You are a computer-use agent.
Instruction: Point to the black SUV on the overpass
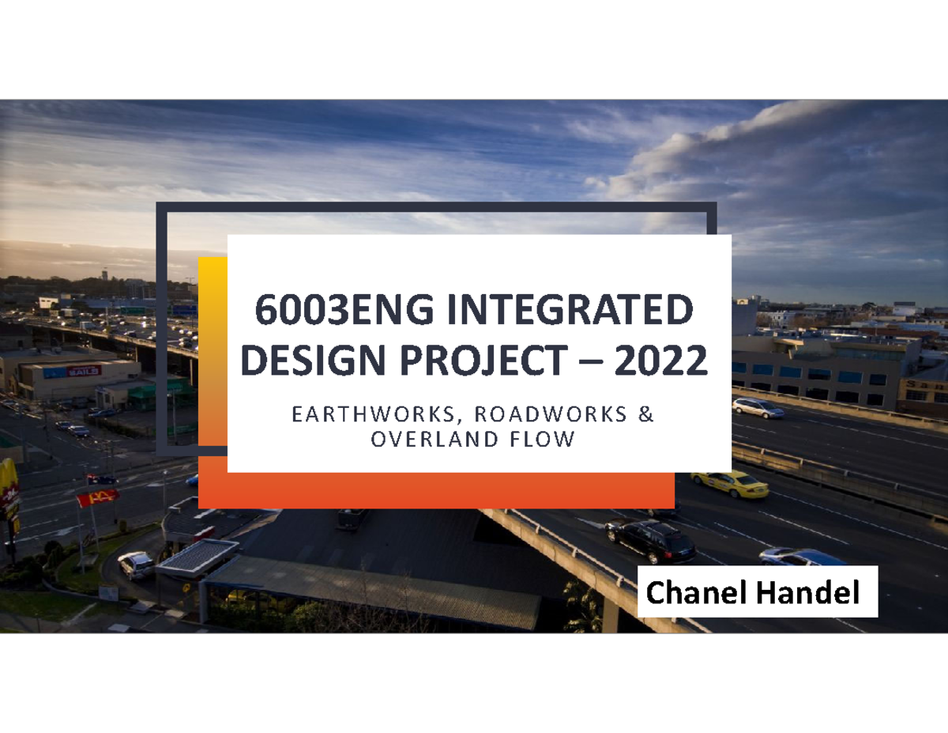click(651, 539)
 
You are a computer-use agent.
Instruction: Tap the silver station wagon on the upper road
click(758, 407)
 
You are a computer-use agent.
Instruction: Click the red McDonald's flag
click(98, 497)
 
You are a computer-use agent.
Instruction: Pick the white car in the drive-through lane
click(137, 564)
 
